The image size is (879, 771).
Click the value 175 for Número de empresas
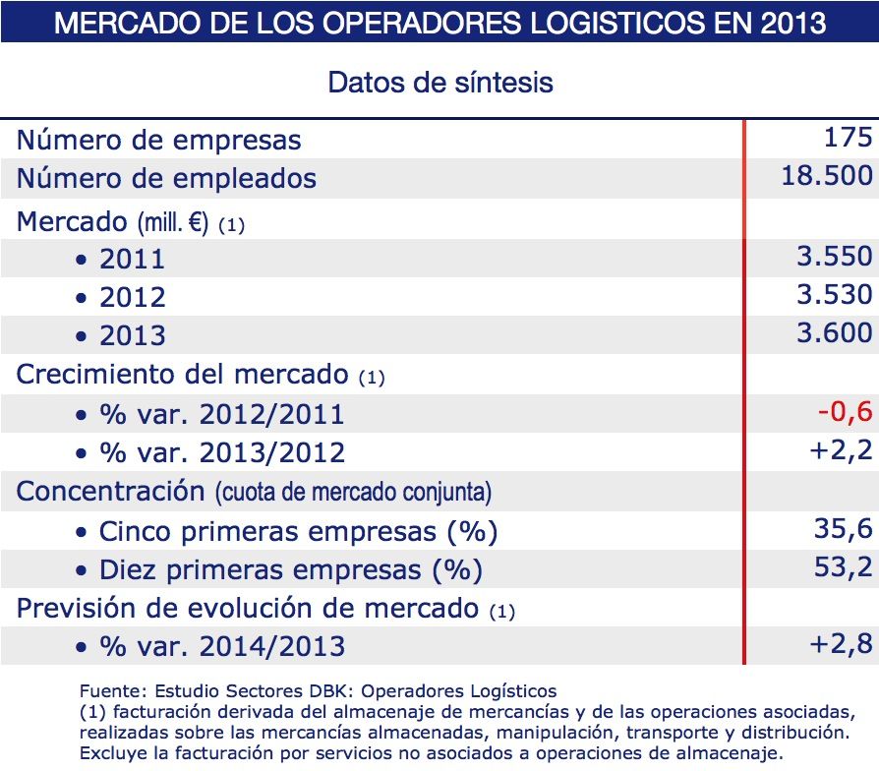[849, 137]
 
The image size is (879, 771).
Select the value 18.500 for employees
[826, 176]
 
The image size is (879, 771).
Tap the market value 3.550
[834, 257]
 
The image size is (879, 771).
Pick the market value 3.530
[834, 294]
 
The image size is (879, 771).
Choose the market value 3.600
[834, 332]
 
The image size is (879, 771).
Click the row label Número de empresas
[158, 140]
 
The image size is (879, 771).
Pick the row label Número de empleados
[166, 178]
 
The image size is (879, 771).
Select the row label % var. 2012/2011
[221, 414]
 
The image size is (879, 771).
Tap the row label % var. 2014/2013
[221, 646]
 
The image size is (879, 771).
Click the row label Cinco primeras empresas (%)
[298, 532]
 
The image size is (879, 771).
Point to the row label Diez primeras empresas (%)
[291, 570]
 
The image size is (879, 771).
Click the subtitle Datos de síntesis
[439, 81]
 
